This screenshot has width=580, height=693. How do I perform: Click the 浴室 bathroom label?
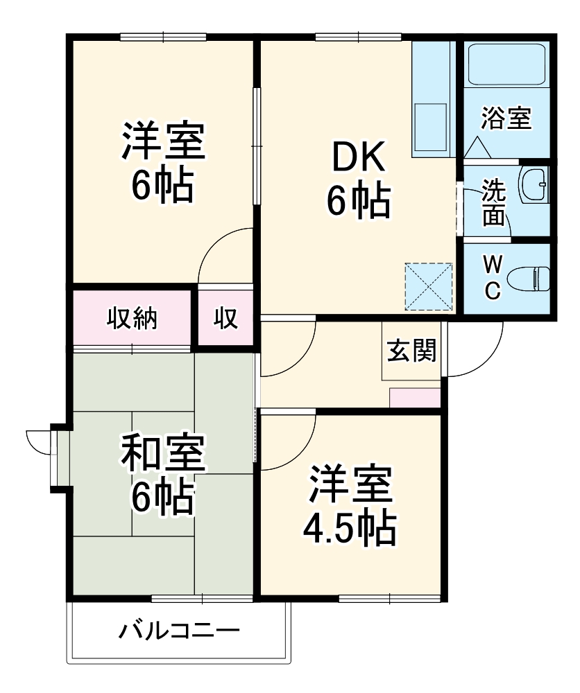(506, 119)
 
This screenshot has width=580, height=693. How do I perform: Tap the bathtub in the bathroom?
(506, 64)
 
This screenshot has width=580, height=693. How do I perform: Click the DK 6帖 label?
(358, 181)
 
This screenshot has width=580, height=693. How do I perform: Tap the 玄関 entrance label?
(411, 351)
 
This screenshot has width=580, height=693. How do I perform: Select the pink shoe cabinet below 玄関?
(415, 398)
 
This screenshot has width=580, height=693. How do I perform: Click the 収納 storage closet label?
(131, 318)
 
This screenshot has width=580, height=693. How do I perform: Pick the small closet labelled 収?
(225, 318)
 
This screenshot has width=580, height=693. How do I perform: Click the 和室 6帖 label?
(164, 475)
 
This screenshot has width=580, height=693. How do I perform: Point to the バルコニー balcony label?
(179, 631)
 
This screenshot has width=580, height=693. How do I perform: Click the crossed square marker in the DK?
(429, 286)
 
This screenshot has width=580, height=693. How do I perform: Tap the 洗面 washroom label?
(494, 203)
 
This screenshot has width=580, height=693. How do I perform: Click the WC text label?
(492, 277)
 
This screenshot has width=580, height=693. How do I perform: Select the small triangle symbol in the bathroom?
(477, 146)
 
